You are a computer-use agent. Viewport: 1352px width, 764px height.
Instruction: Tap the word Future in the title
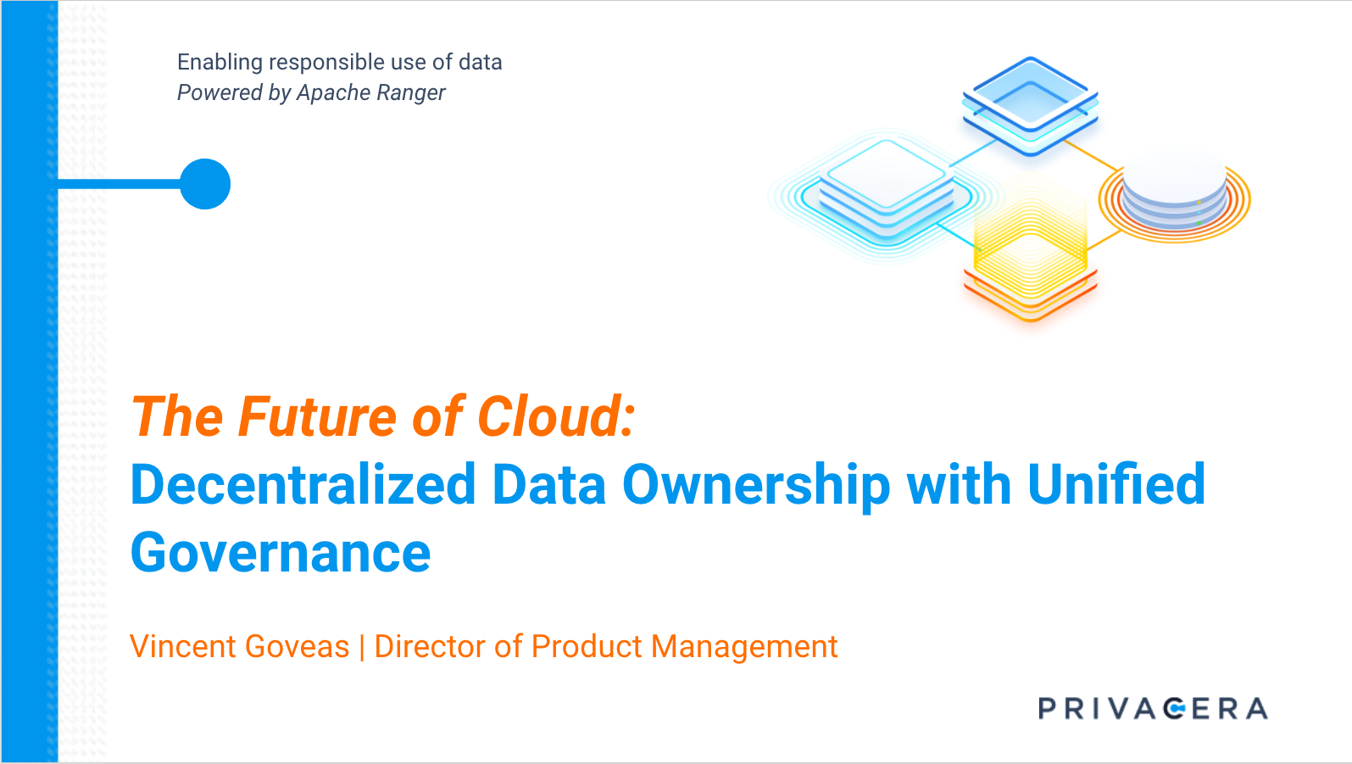pos(318,416)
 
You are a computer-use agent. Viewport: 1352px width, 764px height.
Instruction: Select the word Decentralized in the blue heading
pos(303,484)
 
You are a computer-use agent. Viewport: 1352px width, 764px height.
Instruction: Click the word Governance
pos(281,553)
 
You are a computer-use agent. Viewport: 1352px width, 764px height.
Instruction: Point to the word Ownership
pos(756,487)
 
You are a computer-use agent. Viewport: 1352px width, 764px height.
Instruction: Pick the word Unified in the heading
pos(1116,483)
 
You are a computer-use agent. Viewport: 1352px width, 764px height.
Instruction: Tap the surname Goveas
pos(298,646)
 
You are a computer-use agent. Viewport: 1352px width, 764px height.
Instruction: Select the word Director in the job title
pos(428,646)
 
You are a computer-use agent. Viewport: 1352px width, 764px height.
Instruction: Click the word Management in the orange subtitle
pos(744,648)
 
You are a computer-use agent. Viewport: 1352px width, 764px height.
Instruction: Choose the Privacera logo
pos(1153,708)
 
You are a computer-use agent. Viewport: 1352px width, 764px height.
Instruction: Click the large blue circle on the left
pos(205,184)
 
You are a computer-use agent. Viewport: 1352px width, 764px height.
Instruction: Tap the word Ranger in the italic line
pos(411,93)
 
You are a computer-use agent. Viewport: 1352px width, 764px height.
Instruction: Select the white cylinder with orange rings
pos(1174,194)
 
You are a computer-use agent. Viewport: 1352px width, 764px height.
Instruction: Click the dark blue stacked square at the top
pos(1030,106)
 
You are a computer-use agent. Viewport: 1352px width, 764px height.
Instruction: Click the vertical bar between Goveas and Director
pos(362,647)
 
